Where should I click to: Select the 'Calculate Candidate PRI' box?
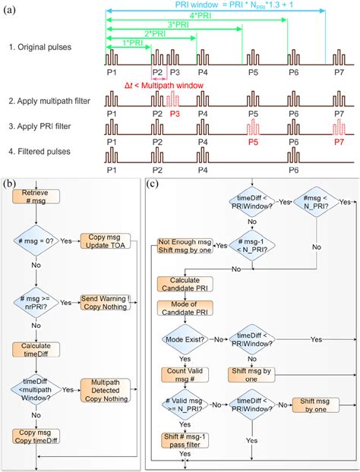pyautogui.click(x=184, y=283)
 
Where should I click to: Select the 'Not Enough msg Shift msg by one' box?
pyautogui.click(x=185, y=245)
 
